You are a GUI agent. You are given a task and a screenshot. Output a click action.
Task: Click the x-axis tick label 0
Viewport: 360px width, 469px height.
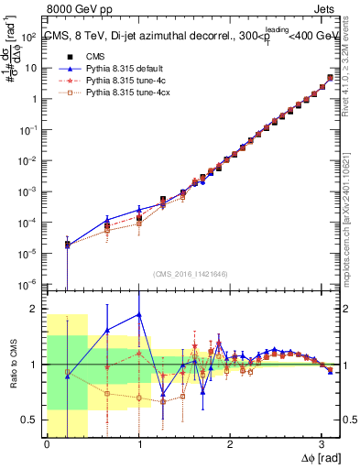(47, 444)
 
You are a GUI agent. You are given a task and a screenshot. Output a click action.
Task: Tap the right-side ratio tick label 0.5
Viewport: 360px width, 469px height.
(348, 420)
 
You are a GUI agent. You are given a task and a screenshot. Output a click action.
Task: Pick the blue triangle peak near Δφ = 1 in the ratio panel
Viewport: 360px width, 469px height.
(138, 314)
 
